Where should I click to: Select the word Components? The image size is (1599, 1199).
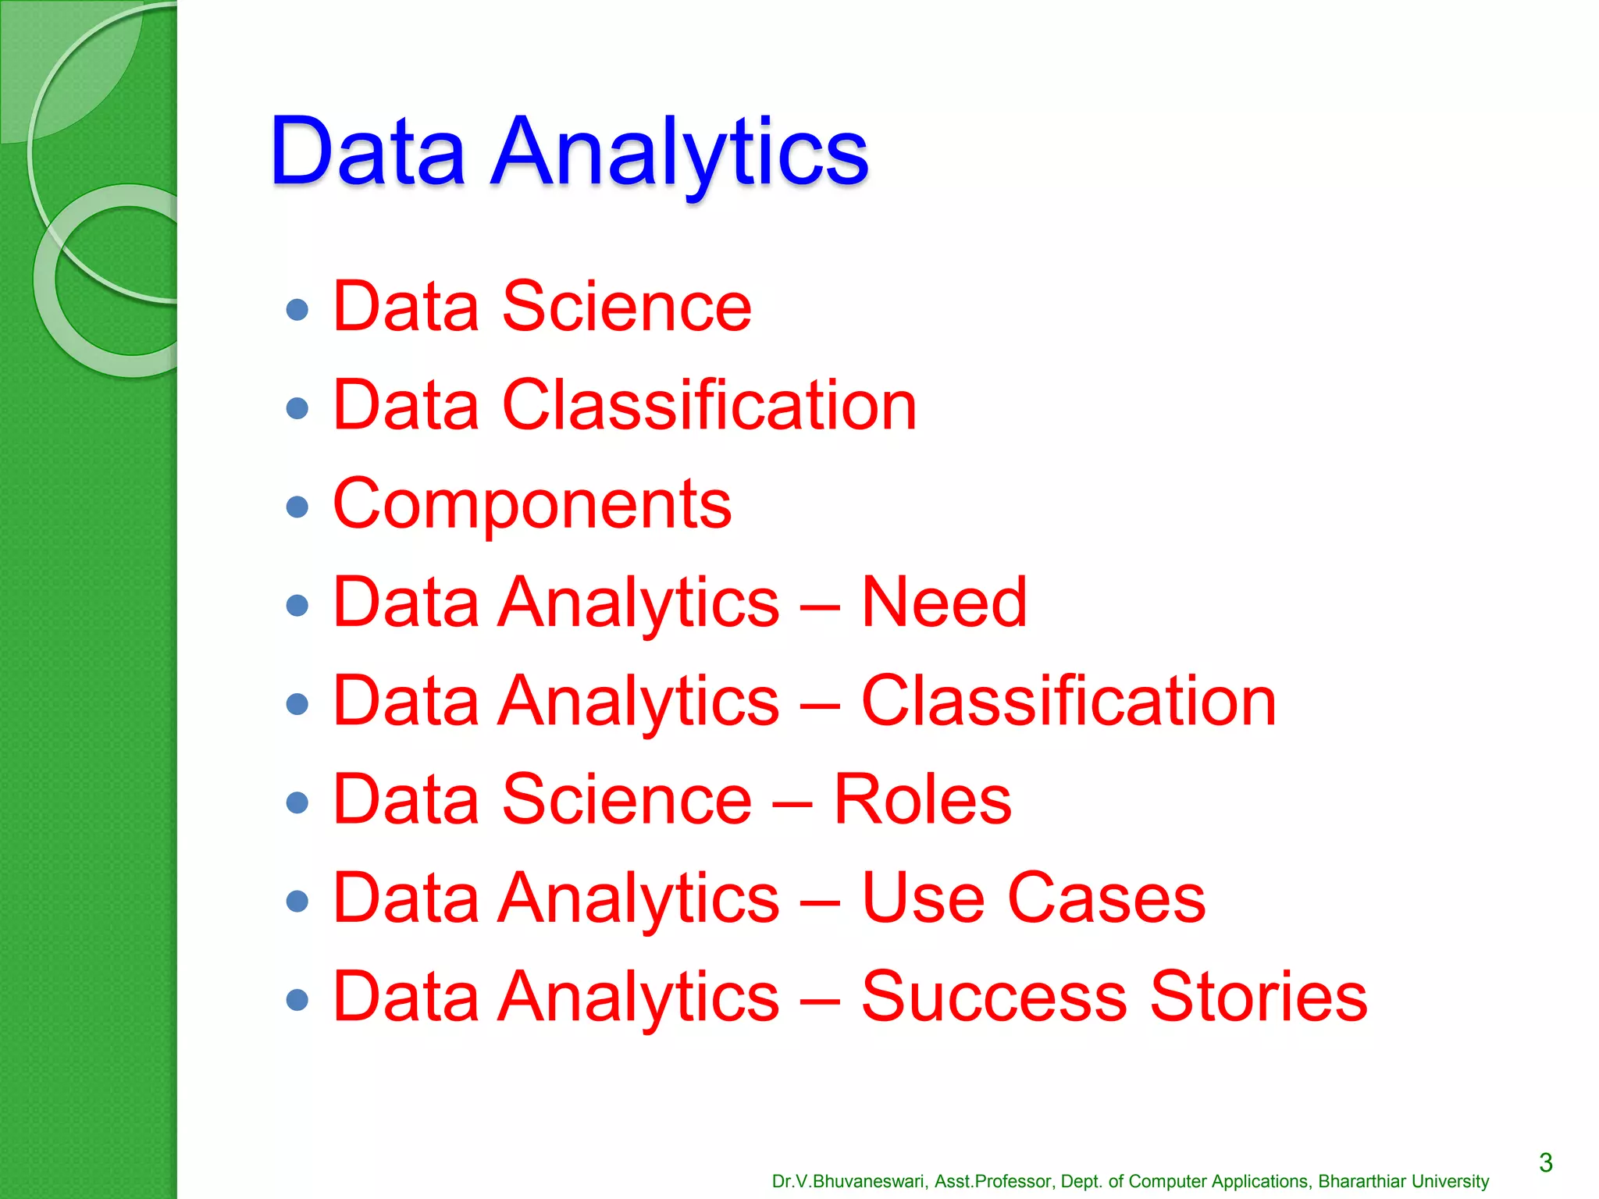pos(532,504)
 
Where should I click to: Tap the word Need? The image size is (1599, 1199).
pos(943,603)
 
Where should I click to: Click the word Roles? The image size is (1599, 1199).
pos(922,799)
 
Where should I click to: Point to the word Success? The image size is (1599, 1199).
pos(994,997)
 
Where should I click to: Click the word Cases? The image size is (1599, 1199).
pos(1106,898)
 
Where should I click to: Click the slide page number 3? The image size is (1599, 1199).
pos(1545,1163)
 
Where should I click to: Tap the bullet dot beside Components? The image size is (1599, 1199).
pos(297,507)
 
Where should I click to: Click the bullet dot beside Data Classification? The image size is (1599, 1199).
pos(297,408)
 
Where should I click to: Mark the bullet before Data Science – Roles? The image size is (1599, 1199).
pos(297,802)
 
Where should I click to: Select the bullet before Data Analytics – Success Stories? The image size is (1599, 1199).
pos(297,1000)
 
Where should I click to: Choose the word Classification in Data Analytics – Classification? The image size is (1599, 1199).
pos(1068,701)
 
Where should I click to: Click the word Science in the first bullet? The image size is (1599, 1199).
pos(626,307)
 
